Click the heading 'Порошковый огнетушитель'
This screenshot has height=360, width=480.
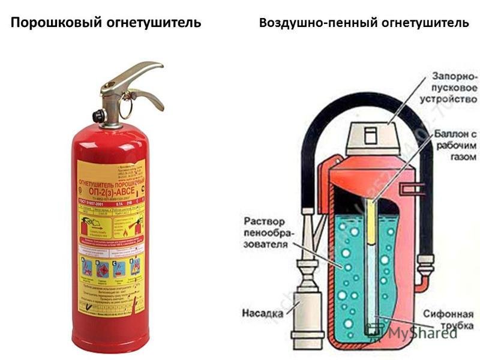click(x=106, y=23)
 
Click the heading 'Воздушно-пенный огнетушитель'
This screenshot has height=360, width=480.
click(x=364, y=23)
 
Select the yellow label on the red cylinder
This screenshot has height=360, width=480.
click(x=111, y=234)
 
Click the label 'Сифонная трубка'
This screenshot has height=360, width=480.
click(x=446, y=318)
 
